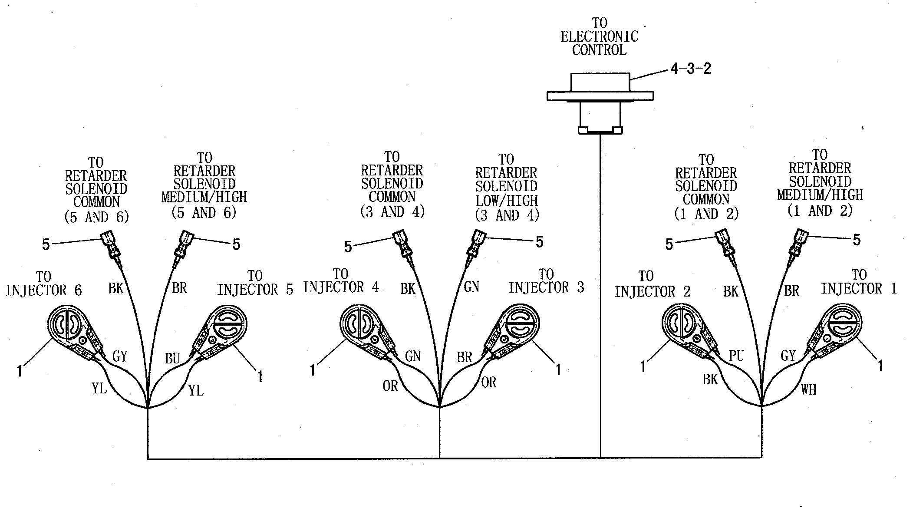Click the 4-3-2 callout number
[691, 69]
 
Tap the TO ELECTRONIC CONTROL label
[600, 37]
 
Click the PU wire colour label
[736, 356]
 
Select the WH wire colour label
[808, 389]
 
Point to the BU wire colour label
[172, 358]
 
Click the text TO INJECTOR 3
[546, 281]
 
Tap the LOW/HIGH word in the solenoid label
[507, 201]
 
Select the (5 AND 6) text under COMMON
[96, 217]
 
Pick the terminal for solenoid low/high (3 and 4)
[476, 243]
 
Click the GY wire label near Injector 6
[120, 356]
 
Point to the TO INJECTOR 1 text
[859, 282]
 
